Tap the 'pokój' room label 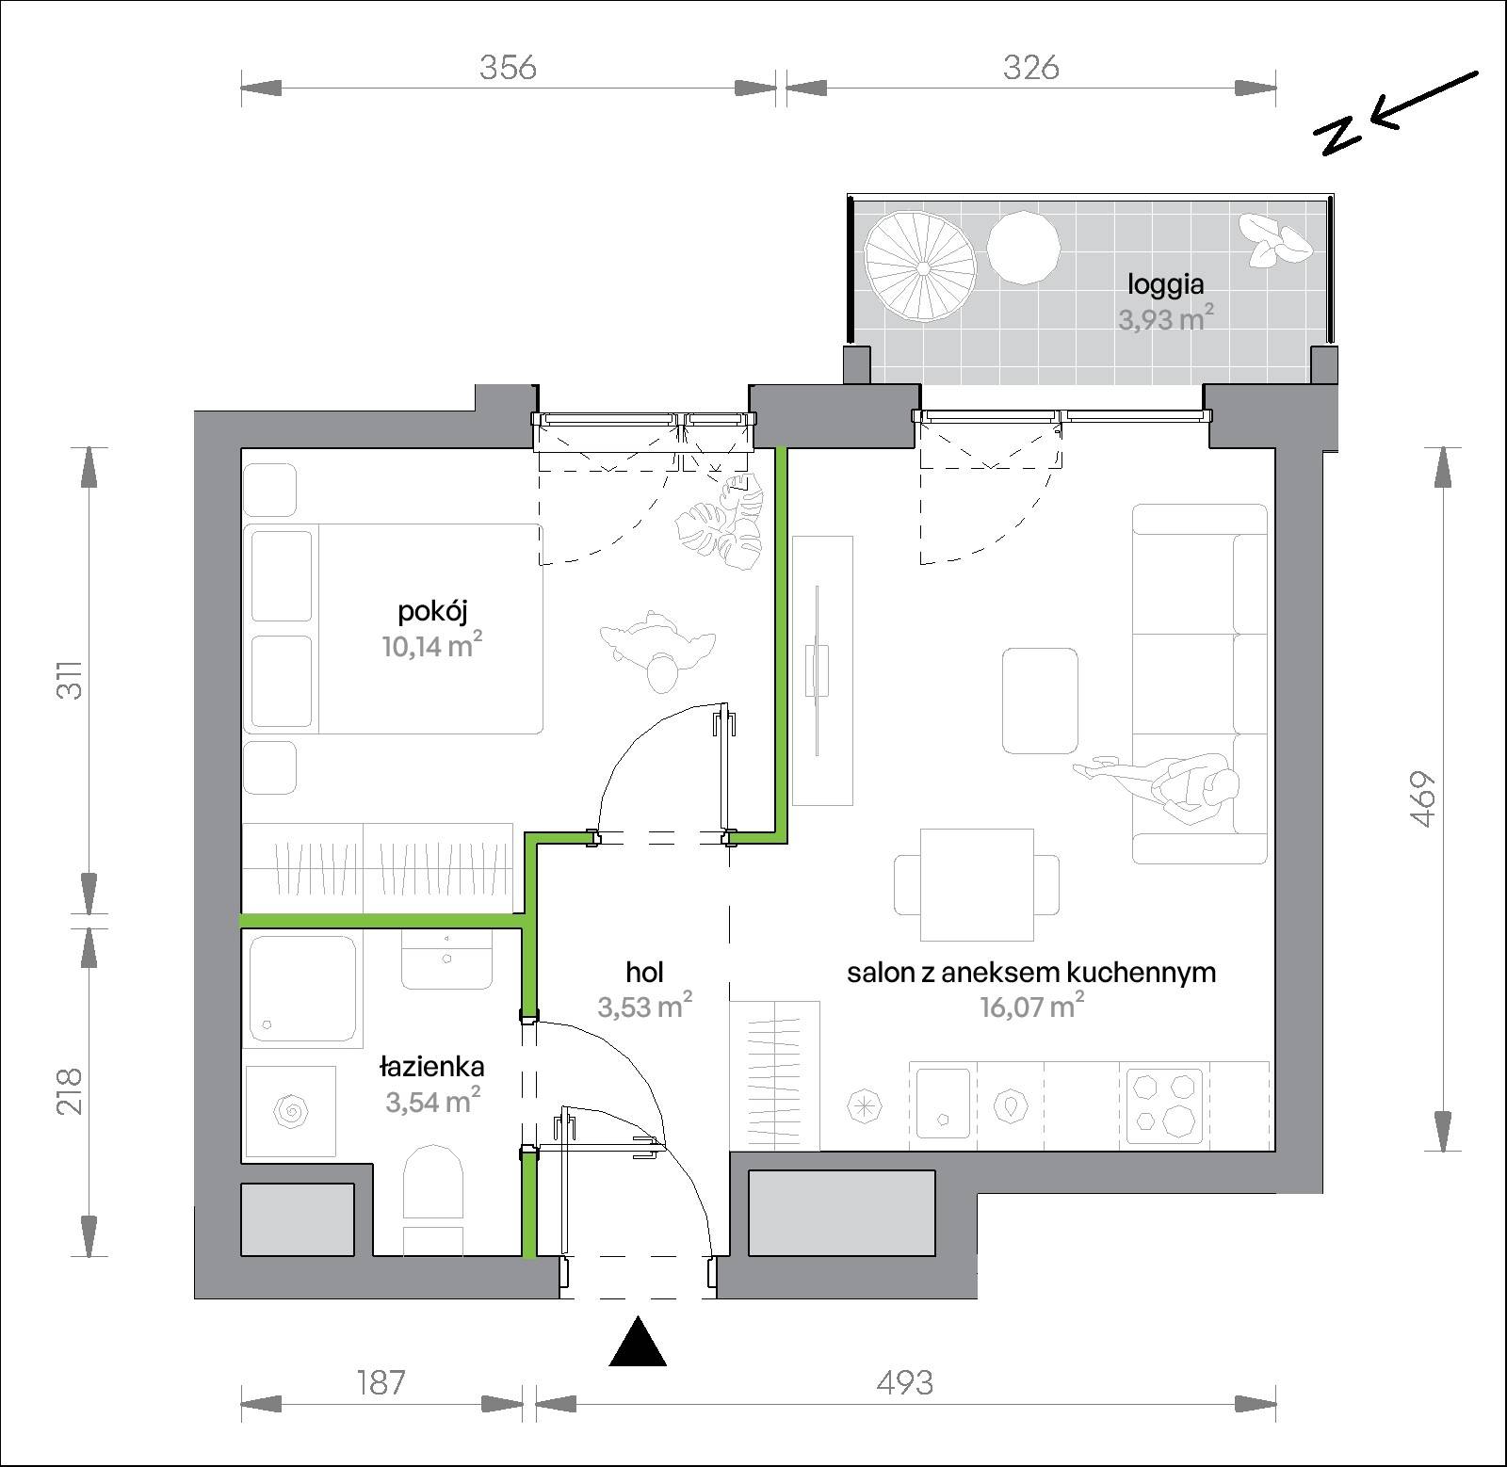pyautogui.click(x=433, y=612)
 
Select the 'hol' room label pyautogui.click(x=645, y=972)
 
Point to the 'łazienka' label pyautogui.click(x=432, y=1067)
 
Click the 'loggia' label pyautogui.click(x=1166, y=284)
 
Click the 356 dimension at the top pyautogui.click(x=508, y=68)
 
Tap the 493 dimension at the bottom pyautogui.click(x=904, y=1382)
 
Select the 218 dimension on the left pyautogui.click(x=71, y=1090)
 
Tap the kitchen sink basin pyautogui.click(x=943, y=1103)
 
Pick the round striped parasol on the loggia pyautogui.click(x=921, y=267)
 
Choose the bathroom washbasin pyautogui.click(x=446, y=959)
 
